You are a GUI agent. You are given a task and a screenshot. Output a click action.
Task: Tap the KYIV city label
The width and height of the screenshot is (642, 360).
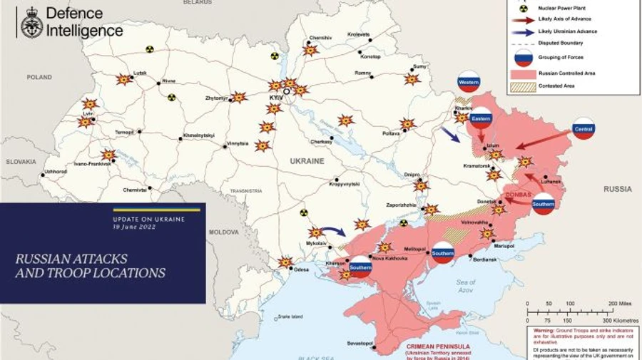(x=275, y=97)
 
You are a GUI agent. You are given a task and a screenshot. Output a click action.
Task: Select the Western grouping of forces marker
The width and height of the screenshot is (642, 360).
(x=469, y=83)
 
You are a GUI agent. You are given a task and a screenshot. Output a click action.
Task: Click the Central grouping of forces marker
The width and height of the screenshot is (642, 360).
(x=584, y=128)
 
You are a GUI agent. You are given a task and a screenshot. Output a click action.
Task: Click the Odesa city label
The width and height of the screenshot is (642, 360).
(x=302, y=269)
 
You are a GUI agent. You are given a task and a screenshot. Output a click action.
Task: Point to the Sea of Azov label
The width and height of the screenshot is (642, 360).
(x=466, y=287)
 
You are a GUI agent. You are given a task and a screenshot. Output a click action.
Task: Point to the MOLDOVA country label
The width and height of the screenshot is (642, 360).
(x=223, y=232)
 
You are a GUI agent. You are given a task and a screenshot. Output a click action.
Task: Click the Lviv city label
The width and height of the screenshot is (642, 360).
(x=88, y=114)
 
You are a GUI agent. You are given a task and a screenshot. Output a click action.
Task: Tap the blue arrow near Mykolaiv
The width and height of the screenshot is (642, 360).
(x=332, y=231)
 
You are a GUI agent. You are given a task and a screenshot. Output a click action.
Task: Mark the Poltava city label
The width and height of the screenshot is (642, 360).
(x=391, y=133)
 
